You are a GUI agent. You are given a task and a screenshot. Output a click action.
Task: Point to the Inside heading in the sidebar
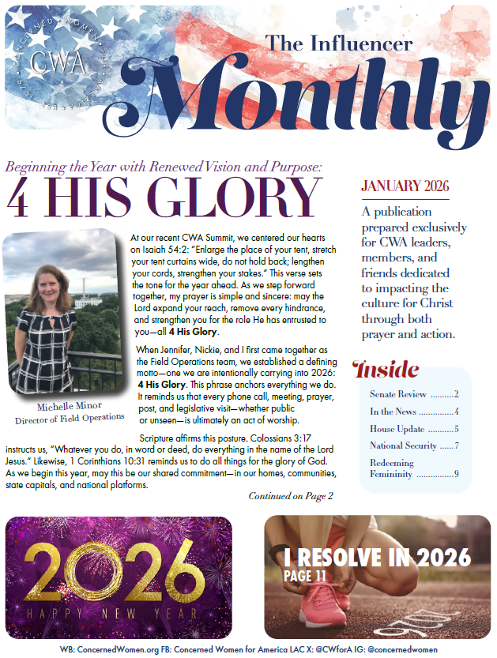tap(386, 369)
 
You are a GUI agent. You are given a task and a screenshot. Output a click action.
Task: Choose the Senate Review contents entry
tap(399, 393)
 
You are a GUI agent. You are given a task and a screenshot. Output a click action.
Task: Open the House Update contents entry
tap(397, 429)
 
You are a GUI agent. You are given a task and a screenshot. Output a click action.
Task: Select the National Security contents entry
tap(402, 446)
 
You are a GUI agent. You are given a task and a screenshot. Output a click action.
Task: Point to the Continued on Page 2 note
tap(291, 496)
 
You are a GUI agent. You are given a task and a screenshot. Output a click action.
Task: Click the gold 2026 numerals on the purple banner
tap(119, 570)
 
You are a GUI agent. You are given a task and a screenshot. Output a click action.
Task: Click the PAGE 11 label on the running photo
tap(305, 576)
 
